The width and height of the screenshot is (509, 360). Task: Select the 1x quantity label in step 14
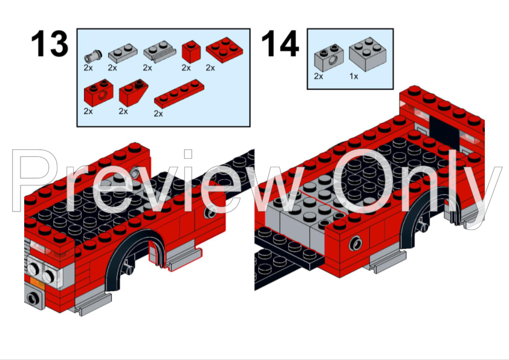point(354,77)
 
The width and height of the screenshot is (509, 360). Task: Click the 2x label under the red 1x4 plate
point(158,113)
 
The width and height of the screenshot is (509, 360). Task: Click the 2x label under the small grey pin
point(88,68)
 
